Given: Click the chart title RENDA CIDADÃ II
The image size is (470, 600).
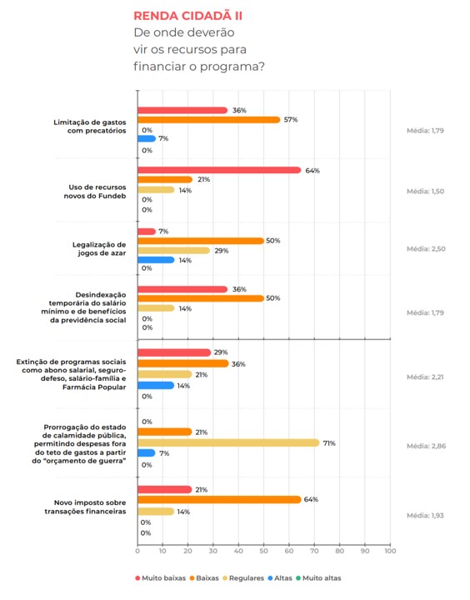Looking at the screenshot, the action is click(x=187, y=16).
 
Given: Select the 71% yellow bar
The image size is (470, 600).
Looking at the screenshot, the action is click(x=228, y=442).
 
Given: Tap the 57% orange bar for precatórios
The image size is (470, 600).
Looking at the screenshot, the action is click(x=209, y=120).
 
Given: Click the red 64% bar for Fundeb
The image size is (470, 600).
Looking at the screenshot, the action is click(x=219, y=170).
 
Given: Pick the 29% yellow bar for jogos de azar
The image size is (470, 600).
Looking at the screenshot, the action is click(x=174, y=251).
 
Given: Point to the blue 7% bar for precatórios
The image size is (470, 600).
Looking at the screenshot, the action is click(x=147, y=138).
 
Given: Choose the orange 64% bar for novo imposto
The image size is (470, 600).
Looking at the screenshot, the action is click(x=219, y=499).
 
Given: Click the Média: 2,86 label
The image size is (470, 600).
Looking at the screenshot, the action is click(x=426, y=446).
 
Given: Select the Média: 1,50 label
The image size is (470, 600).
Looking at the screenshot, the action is click(x=425, y=192).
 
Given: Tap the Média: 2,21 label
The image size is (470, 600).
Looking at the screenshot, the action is click(x=425, y=377).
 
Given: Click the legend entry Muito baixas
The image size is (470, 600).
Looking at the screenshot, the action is click(x=160, y=577).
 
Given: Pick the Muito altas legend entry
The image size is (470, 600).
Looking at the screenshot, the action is click(x=318, y=577).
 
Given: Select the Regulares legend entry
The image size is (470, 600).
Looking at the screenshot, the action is click(x=243, y=577).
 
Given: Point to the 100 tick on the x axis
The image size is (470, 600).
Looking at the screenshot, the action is click(x=390, y=551).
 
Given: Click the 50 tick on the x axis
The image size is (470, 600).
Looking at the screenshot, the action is click(x=263, y=551).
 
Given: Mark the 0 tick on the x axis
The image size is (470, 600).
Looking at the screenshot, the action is click(x=137, y=551).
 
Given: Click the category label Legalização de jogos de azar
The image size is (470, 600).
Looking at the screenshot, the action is click(x=99, y=248).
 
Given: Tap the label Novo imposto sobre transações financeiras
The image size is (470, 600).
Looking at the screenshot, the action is click(x=85, y=507).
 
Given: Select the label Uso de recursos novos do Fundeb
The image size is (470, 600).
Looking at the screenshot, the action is click(x=95, y=192).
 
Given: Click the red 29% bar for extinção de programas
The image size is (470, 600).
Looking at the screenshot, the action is click(x=174, y=352).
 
